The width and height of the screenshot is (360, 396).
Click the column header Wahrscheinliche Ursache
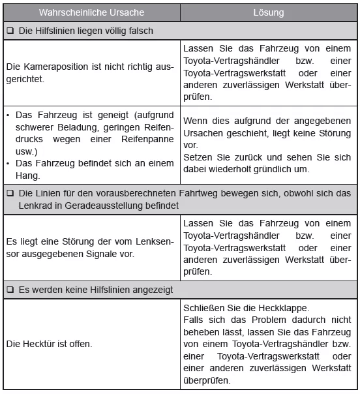point(91,12)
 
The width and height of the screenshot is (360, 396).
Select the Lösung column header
point(268,12)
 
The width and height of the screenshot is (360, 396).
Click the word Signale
point(130,253)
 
